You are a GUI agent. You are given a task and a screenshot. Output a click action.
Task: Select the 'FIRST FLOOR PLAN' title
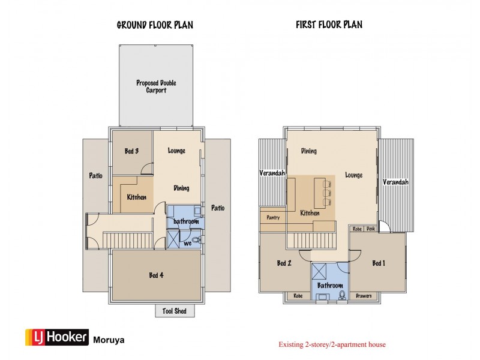[x=329, y=25]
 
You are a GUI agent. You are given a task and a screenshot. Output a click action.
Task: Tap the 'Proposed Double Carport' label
[x=156, y=86]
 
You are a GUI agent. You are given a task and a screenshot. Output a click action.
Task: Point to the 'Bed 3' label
[x=132, y=151]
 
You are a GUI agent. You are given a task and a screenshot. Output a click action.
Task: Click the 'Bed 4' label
[x=156, y=275]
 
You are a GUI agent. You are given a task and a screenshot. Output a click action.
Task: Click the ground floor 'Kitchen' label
[x=137, y=197]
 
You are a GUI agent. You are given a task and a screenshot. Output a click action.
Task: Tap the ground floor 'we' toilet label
[x=188, y=243]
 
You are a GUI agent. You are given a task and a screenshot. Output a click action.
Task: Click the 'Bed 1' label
[x=379, y=263]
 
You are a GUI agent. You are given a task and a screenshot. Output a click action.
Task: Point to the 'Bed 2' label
[x=284, y=263]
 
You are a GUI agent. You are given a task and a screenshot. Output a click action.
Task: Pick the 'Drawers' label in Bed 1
[x=364, y=296]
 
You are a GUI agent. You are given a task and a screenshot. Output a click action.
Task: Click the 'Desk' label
[x=371, y=229]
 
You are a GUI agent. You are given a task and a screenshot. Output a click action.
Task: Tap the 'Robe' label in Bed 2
[x=298, y=296]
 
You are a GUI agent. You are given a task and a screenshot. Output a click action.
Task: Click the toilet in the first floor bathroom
[x=341, y=295]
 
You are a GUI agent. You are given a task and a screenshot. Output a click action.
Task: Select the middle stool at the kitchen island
[x=326, y=192]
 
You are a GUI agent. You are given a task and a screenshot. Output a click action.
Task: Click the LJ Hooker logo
[x=56, y=338]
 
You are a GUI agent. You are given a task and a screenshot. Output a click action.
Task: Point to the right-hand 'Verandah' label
[x=395, y=182]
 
